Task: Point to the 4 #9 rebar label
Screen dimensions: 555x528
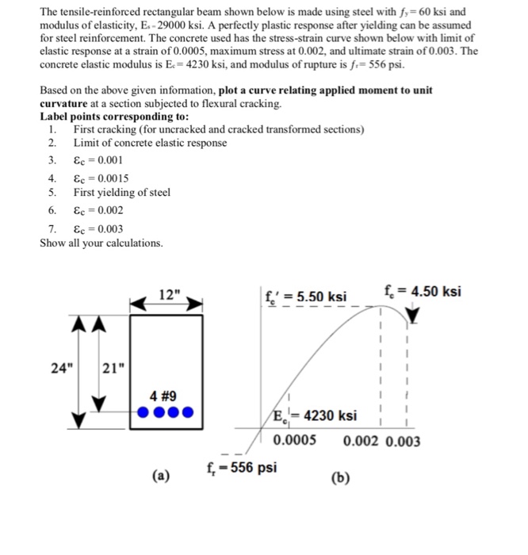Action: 166,395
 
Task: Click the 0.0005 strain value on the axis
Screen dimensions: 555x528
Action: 294,441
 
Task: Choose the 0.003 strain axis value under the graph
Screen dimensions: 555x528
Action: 404,441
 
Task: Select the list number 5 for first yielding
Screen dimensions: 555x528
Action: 52,193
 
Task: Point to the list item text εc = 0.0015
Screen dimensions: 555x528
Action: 101,178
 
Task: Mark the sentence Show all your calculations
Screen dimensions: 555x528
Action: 101,243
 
